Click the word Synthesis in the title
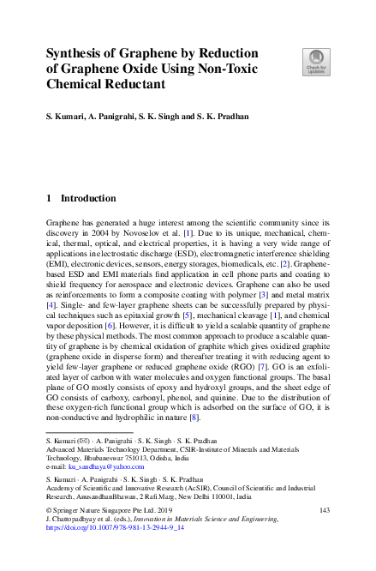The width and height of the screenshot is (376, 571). [x=75, y=54]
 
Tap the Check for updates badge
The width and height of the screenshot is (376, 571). [x=315, y=62]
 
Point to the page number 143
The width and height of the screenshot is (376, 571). [x=325, y=510]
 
